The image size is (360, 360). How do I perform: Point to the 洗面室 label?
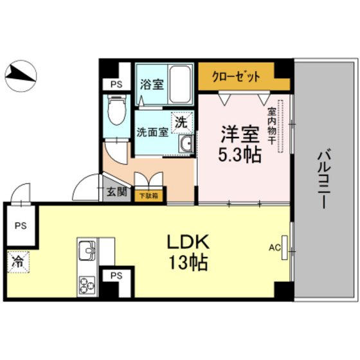152,132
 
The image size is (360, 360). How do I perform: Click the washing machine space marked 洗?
181,121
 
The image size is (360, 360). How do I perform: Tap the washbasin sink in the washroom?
187,144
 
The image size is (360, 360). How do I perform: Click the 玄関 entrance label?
116,192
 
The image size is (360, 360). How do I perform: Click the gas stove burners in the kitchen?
86,282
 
